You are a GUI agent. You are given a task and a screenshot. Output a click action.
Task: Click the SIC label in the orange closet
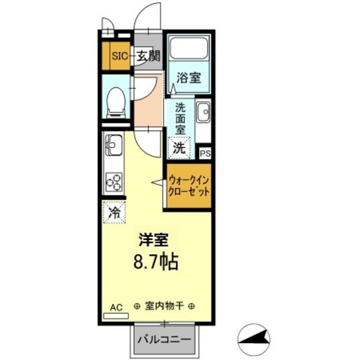(x=119, y=56)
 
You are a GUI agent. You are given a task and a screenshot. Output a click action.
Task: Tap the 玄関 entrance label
(x=149, y=56)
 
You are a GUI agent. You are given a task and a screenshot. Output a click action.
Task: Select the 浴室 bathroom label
(x=189, y=79)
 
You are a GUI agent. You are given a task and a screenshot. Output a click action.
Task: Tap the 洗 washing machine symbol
(x=179, y=148)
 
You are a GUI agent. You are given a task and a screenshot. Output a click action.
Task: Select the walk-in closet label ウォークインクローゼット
(x=189, y=186)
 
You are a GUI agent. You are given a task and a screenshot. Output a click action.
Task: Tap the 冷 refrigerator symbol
(x=114, y=213)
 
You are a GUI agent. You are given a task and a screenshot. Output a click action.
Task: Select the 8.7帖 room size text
(x=154, y=262)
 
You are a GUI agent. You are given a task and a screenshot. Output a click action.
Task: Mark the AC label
(x=115, y=307)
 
